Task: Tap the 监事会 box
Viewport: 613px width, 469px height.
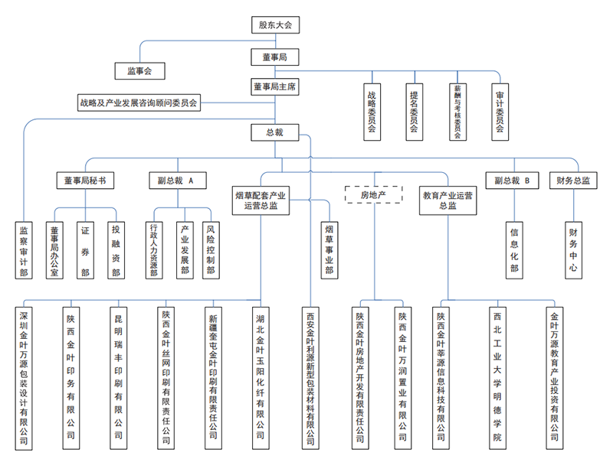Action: (x=139, y=71)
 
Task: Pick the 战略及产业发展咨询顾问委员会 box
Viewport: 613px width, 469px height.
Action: (x=139, y=102)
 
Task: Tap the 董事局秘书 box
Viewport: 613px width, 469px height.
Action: (x=86, y=181)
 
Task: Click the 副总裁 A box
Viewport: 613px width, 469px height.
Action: (x=176, y=181)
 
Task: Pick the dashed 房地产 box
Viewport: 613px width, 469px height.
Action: (x=375, y=194)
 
